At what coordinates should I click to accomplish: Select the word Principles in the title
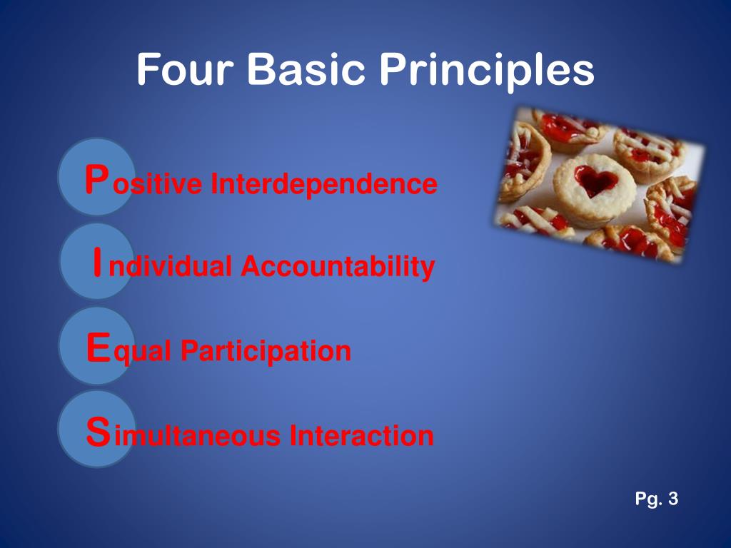click(x=486, y=70)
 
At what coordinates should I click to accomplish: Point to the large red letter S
click(x=98, y=431)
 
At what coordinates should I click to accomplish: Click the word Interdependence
click(x=323, y=184)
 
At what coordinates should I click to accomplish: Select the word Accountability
click(x=337, y=267)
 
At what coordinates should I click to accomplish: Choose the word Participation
click(x=266, y=351)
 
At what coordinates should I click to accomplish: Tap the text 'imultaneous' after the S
click(x=197, y=435)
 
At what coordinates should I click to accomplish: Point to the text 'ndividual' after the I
click(x=171, y=267)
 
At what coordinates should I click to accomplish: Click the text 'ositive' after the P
click(x=157, y=184)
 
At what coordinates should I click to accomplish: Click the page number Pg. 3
click(x=656, y=499)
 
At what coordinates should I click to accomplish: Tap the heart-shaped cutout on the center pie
click(x=595, y=181)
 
